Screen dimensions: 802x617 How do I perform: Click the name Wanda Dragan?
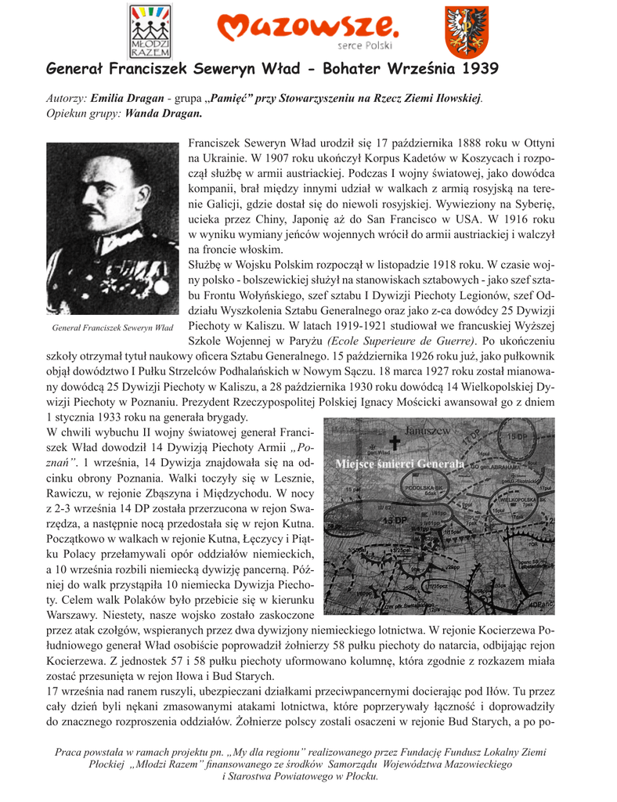click(x=164, y=113)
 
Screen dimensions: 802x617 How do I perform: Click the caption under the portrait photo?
click(x=113, y=327)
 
